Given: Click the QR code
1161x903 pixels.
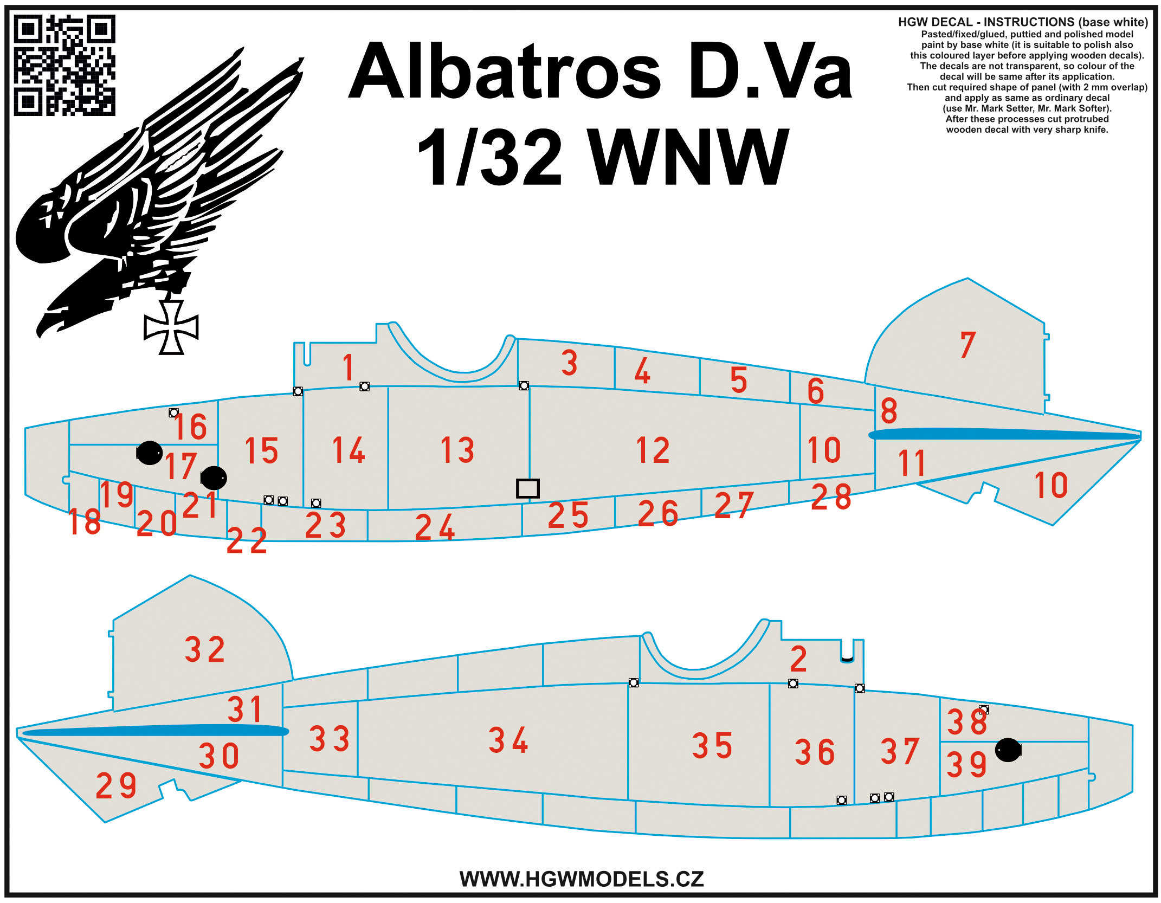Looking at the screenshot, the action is [64, 65].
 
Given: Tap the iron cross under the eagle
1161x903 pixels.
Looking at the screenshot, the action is [171, 327].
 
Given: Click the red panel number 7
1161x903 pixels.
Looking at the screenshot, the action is [968, 345].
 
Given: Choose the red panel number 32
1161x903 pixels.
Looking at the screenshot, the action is [205, 649].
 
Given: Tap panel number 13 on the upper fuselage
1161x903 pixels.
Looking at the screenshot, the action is [457, 450].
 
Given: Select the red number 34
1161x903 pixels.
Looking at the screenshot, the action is [508, 740].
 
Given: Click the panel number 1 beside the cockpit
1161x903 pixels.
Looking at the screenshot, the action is [349, 367].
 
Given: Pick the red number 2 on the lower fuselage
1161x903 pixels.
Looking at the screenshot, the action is [798, 659].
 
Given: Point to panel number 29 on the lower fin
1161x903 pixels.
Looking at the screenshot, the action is [116, 785].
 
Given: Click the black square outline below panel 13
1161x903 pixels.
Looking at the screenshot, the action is [528, 488].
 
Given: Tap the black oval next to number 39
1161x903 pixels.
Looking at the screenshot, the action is [1008, 750].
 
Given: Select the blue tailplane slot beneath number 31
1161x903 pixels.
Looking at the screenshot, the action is [154, 731].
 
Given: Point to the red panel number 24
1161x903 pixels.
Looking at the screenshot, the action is [435, 527].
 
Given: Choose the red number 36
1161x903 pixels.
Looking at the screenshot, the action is [815, 752].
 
